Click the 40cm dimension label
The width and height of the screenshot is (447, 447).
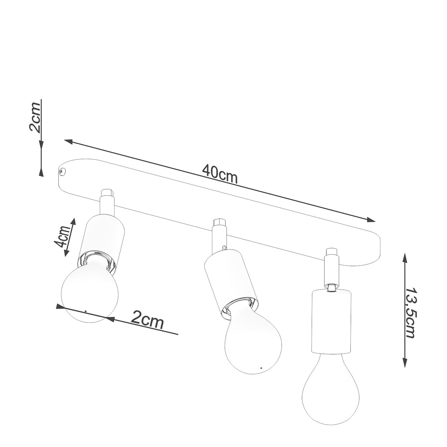point(220,174)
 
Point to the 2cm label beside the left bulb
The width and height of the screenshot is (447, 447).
point(148,320)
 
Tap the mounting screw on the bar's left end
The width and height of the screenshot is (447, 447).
point(62,171)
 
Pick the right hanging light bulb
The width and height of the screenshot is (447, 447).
point(328,384)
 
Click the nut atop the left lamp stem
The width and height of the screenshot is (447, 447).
point(107,193)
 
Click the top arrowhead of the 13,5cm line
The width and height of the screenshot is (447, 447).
point(405,257)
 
